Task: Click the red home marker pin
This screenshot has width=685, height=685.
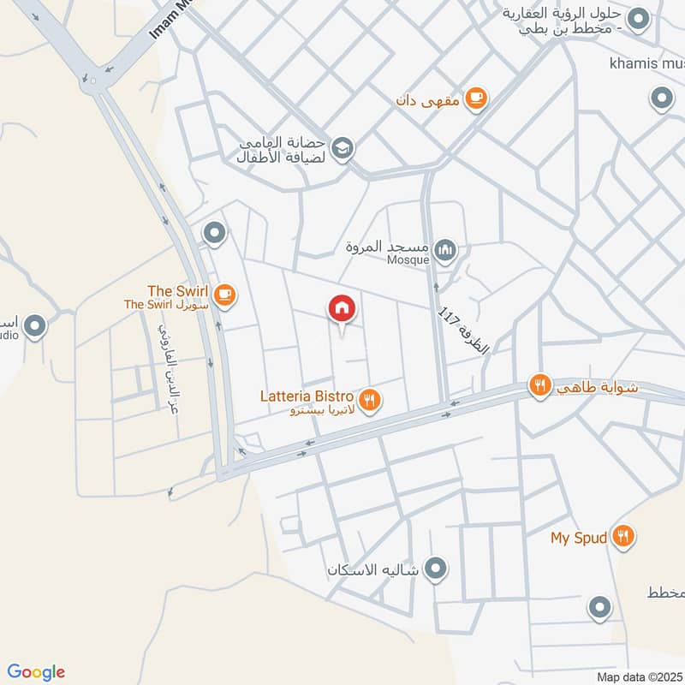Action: click(342, 309)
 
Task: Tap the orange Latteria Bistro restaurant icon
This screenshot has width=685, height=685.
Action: click(371, 399)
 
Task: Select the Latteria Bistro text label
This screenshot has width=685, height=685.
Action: click(307, 396)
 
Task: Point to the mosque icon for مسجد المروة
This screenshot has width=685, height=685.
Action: click(444, 251)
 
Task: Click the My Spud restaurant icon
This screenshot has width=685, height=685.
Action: click(623, 537)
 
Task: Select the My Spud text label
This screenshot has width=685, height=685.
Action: click(579, 538)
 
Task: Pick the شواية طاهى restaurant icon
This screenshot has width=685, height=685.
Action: click(539, 385)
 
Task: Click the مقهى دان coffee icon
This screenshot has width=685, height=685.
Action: click(478, 99)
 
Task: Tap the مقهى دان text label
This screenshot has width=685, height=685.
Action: click(428, 100)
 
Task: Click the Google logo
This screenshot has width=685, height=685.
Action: click(37, 672)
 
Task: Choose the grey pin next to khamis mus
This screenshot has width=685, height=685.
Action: click(661, 100)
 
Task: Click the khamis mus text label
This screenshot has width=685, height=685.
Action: click(646, 63)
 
